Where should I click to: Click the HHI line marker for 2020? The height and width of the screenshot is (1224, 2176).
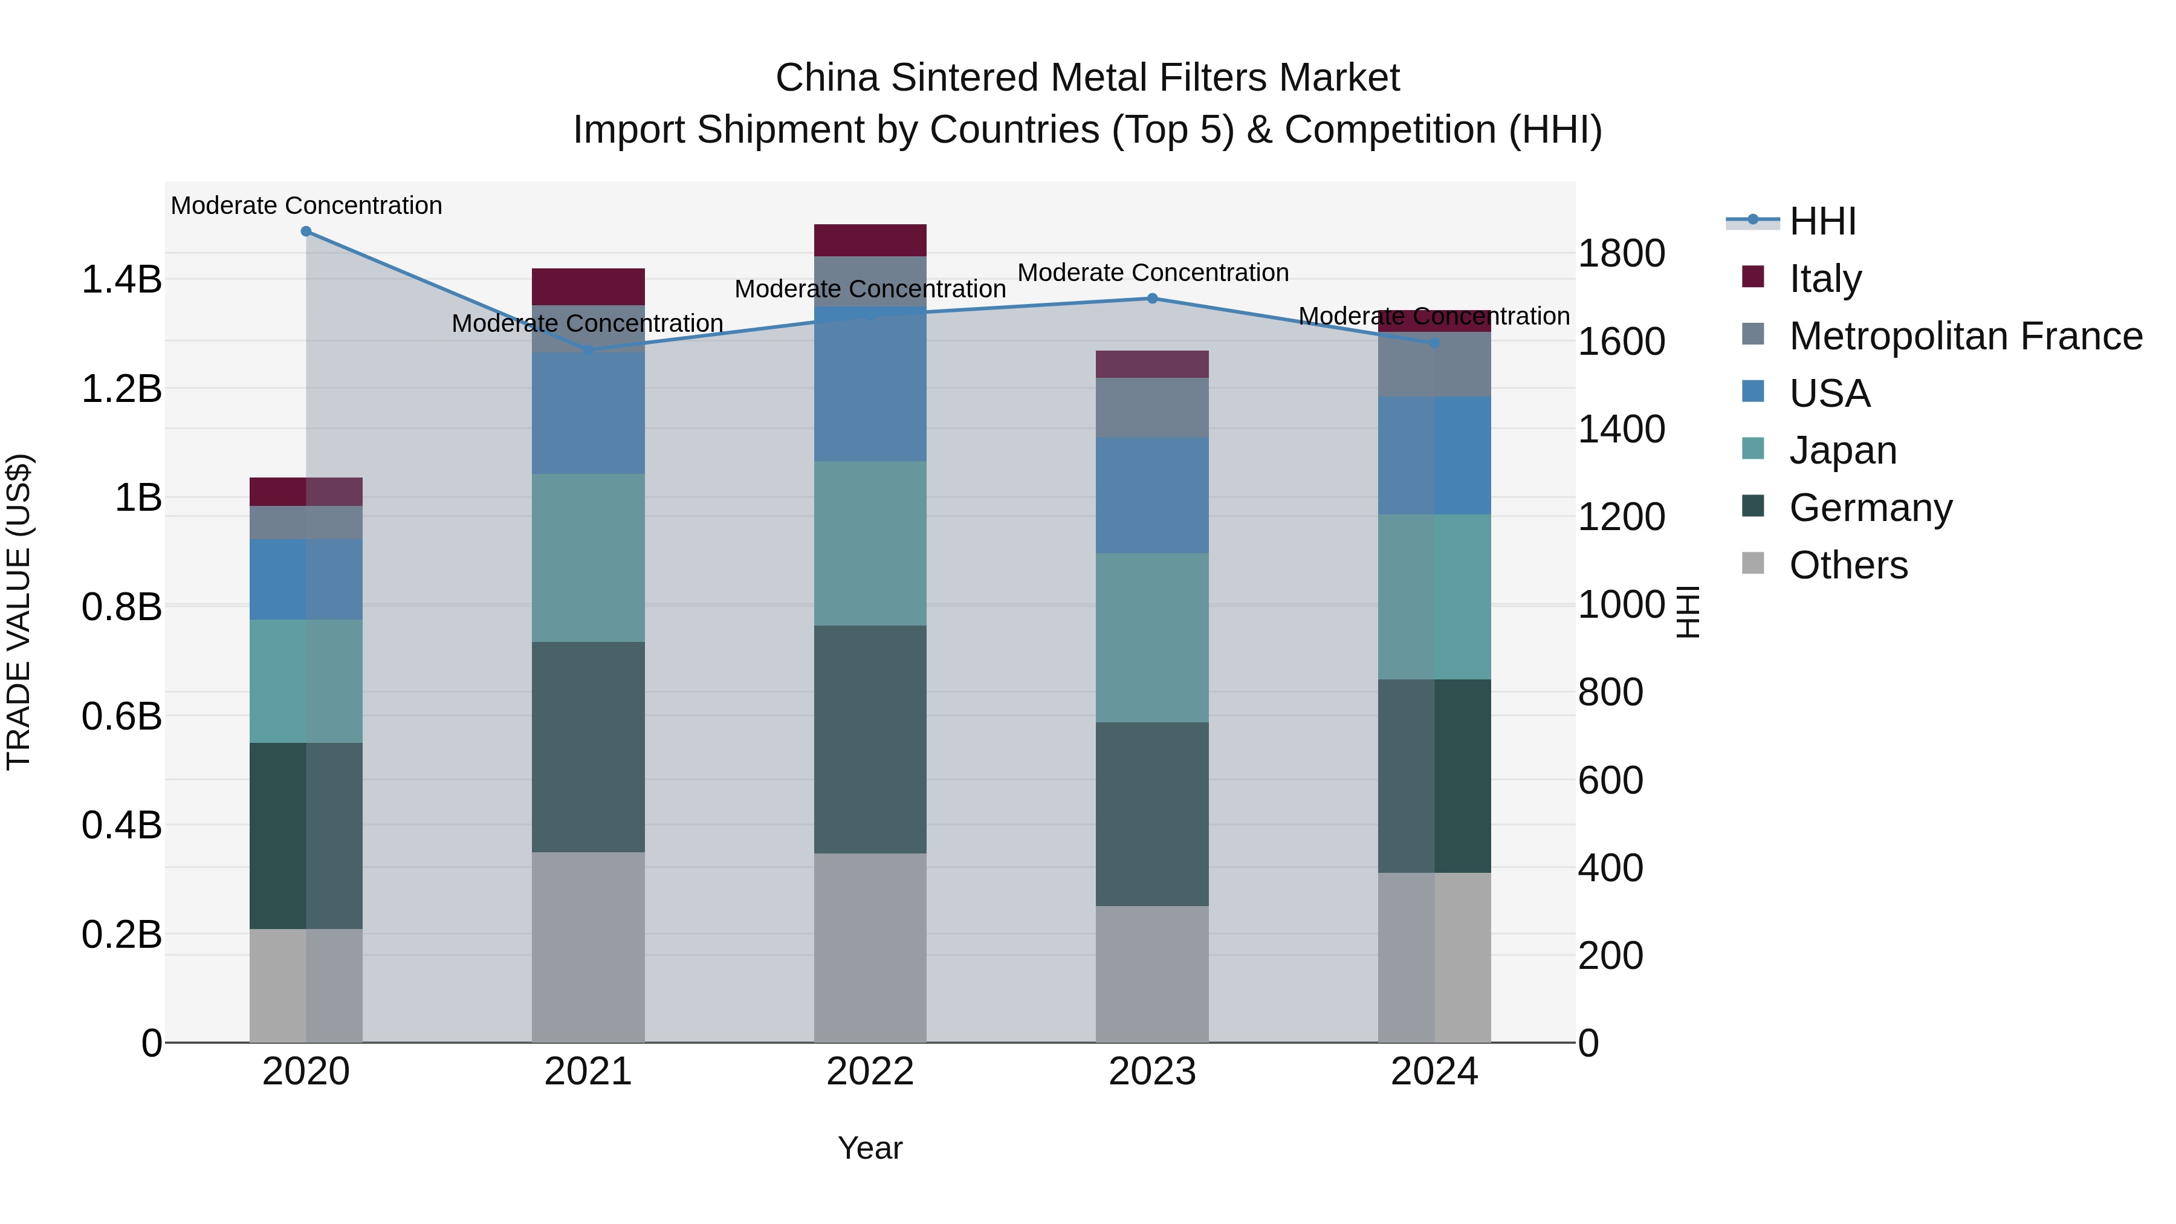(306, 232)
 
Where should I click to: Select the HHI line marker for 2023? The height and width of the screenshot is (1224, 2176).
(1152, 298)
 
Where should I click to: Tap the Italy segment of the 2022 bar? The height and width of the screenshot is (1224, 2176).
(870, 240)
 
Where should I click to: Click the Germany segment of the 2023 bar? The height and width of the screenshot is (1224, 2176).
(1152, 814)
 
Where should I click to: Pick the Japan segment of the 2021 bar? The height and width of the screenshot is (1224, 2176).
(588, 557)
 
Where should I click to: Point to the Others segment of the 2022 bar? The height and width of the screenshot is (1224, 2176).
(870, 947)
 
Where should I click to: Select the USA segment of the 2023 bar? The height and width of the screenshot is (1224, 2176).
(1152, 495)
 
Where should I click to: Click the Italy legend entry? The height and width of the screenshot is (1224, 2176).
(1825, 278)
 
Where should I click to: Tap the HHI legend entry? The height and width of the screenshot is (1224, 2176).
(1821, 221)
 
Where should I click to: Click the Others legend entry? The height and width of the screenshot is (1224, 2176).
(1847, 565)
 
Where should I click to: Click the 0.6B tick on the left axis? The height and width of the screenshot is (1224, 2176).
(121, 716)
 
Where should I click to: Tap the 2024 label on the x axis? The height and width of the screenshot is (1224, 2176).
(1434, 1071)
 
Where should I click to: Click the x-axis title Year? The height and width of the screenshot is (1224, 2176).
(870, 1148)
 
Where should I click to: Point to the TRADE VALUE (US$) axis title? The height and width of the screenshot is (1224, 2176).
(19, 612)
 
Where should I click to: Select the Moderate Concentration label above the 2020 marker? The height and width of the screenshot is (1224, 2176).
(306, 206)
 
